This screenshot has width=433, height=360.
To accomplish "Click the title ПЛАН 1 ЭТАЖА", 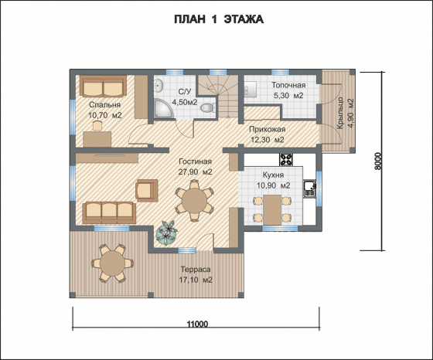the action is click(219, 19).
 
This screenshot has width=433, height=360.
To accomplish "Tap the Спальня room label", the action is click(104, 105).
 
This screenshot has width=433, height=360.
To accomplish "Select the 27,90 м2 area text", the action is click(195, 172).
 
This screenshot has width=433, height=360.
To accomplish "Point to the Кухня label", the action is click(273, 175).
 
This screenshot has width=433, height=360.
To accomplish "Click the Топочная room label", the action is click(288, 85).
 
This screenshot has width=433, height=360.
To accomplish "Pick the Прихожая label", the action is click(267, 129).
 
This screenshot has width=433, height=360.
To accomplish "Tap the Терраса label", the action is click(196, 270).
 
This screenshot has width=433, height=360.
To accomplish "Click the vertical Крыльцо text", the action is click(340, 113).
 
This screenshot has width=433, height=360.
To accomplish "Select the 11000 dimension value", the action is click(197, 324).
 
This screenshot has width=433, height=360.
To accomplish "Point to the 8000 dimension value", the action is click(378, 161).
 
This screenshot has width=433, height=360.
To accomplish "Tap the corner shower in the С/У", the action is click(163, 108).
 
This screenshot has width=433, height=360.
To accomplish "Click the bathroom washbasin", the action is click(159, 85).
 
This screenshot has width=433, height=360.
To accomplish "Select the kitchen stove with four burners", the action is click(286, 159).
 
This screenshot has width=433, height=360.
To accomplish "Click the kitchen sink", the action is click(309, 188).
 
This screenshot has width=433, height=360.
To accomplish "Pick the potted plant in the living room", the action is click(166, 233).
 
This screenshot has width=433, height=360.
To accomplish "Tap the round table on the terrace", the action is click(112, 263).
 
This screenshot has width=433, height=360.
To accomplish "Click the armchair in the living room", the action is click(147, 190).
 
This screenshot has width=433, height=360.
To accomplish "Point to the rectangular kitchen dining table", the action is click(272, 209).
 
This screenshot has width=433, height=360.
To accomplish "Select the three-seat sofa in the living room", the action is click(109, 212).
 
